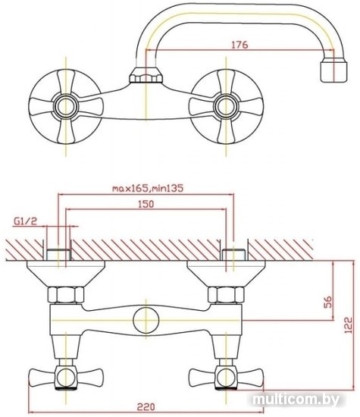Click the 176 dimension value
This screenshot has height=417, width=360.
coord(239,45)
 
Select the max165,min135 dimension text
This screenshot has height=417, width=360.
coord(148,188)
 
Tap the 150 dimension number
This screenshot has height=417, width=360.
coord(146,204)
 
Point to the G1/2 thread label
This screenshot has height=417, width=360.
coord(26,221)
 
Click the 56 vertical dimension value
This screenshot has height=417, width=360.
coord(328,302)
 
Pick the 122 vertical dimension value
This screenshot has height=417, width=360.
coord(348,325)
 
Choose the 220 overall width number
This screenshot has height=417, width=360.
coord(146,406)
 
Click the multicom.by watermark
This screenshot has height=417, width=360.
coord(296,400)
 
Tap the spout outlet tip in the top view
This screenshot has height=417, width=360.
coord(333,71)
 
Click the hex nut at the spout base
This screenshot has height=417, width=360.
coord(146,75)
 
